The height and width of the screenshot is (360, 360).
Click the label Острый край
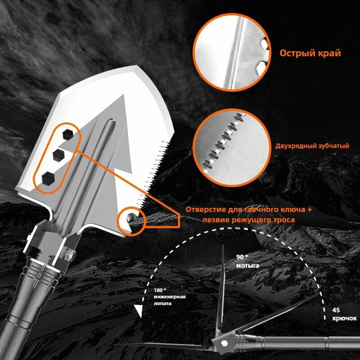pyautogui.click(x=310, y=53)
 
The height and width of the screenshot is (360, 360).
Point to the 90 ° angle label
pyautogui.click(x=242, y=257)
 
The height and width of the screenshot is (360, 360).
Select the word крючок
pyautogui.click(x=345, y=318)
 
